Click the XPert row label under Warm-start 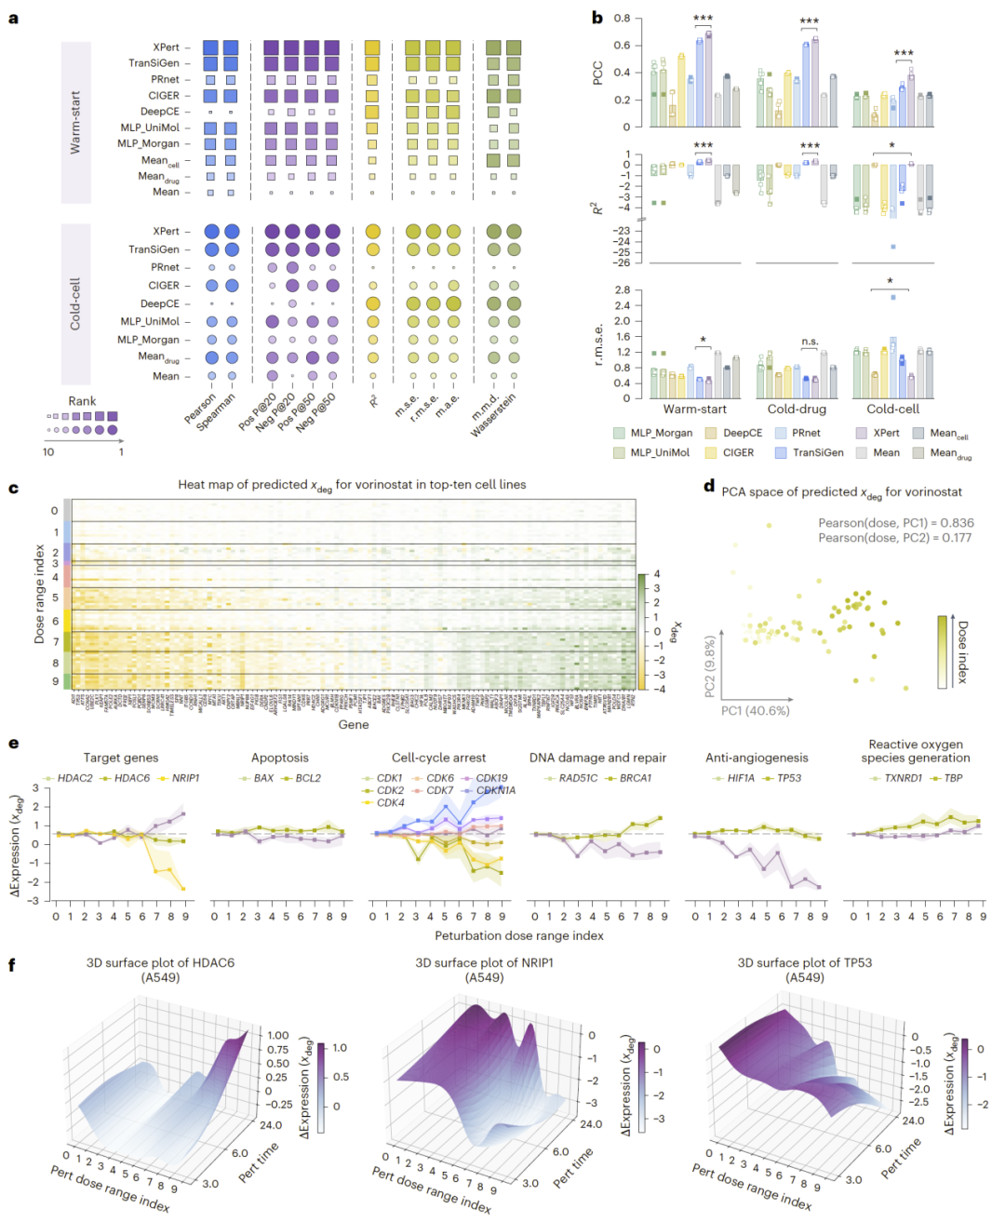click(166, 47)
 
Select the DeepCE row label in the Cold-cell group click(159, 303)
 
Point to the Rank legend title click(82, 401)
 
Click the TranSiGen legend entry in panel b click(817, 452)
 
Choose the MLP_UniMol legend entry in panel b click(660, 452)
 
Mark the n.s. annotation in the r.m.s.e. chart click(810, 342)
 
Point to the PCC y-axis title click(597, 73)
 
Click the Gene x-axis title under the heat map click(354, 724)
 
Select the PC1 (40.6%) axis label click(755, 710)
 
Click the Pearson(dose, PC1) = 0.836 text click(896, 523)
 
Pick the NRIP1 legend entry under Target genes click(185, 778)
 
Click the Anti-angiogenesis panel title click(757, 758)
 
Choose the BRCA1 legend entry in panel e click(636, 778)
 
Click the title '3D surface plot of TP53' click(805, 962)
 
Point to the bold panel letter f click(12, 964)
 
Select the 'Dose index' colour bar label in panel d click(962, 651)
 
